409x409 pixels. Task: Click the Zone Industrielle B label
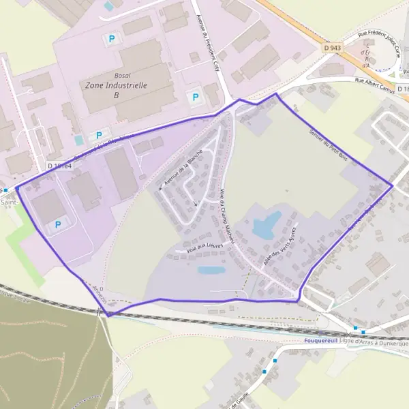[117, 91]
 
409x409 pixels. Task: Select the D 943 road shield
[333, 48]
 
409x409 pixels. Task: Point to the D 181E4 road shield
[59, 166]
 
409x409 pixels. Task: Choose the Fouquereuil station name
[324, 342]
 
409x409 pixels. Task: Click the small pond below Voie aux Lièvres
[211, 270]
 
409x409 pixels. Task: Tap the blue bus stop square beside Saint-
[5, 190]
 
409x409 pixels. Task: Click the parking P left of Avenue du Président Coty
[196, 97]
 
